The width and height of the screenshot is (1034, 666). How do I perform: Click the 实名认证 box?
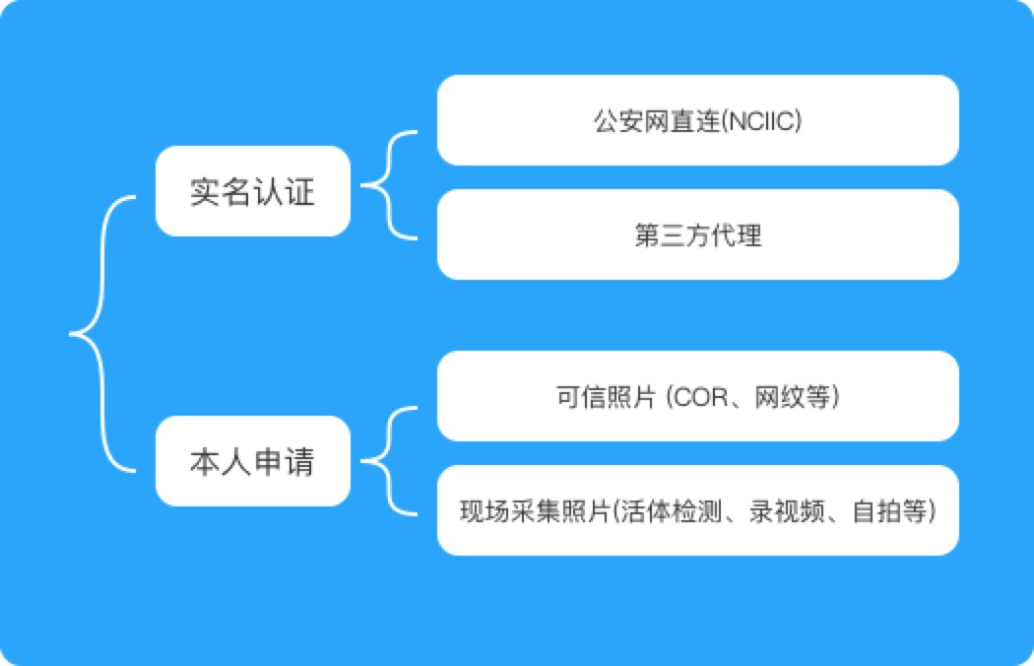click(252, 191)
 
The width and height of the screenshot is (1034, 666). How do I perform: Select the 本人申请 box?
click(252, 461)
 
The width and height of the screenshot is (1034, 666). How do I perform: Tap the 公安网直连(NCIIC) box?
click(697, 120)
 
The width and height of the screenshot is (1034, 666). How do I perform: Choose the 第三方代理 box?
click(697, 234)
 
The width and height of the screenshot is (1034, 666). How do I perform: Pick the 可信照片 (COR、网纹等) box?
click(697, 396)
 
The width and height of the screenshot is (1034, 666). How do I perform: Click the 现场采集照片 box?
click(697, 510)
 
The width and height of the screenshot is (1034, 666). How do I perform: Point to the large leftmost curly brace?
click(102, 334)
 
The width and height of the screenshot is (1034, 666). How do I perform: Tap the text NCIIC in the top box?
click(761, 121)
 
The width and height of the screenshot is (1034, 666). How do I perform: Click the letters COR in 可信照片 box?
click(701, 397)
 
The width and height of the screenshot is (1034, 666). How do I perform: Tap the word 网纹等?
click(792, 397)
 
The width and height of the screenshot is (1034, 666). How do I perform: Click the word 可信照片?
click(606, 397)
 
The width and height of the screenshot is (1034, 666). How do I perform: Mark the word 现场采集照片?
click(535, 511)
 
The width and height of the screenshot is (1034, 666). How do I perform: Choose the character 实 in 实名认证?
click(206, 192)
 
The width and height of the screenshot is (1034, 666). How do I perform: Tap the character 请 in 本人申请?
click(299, 462)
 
